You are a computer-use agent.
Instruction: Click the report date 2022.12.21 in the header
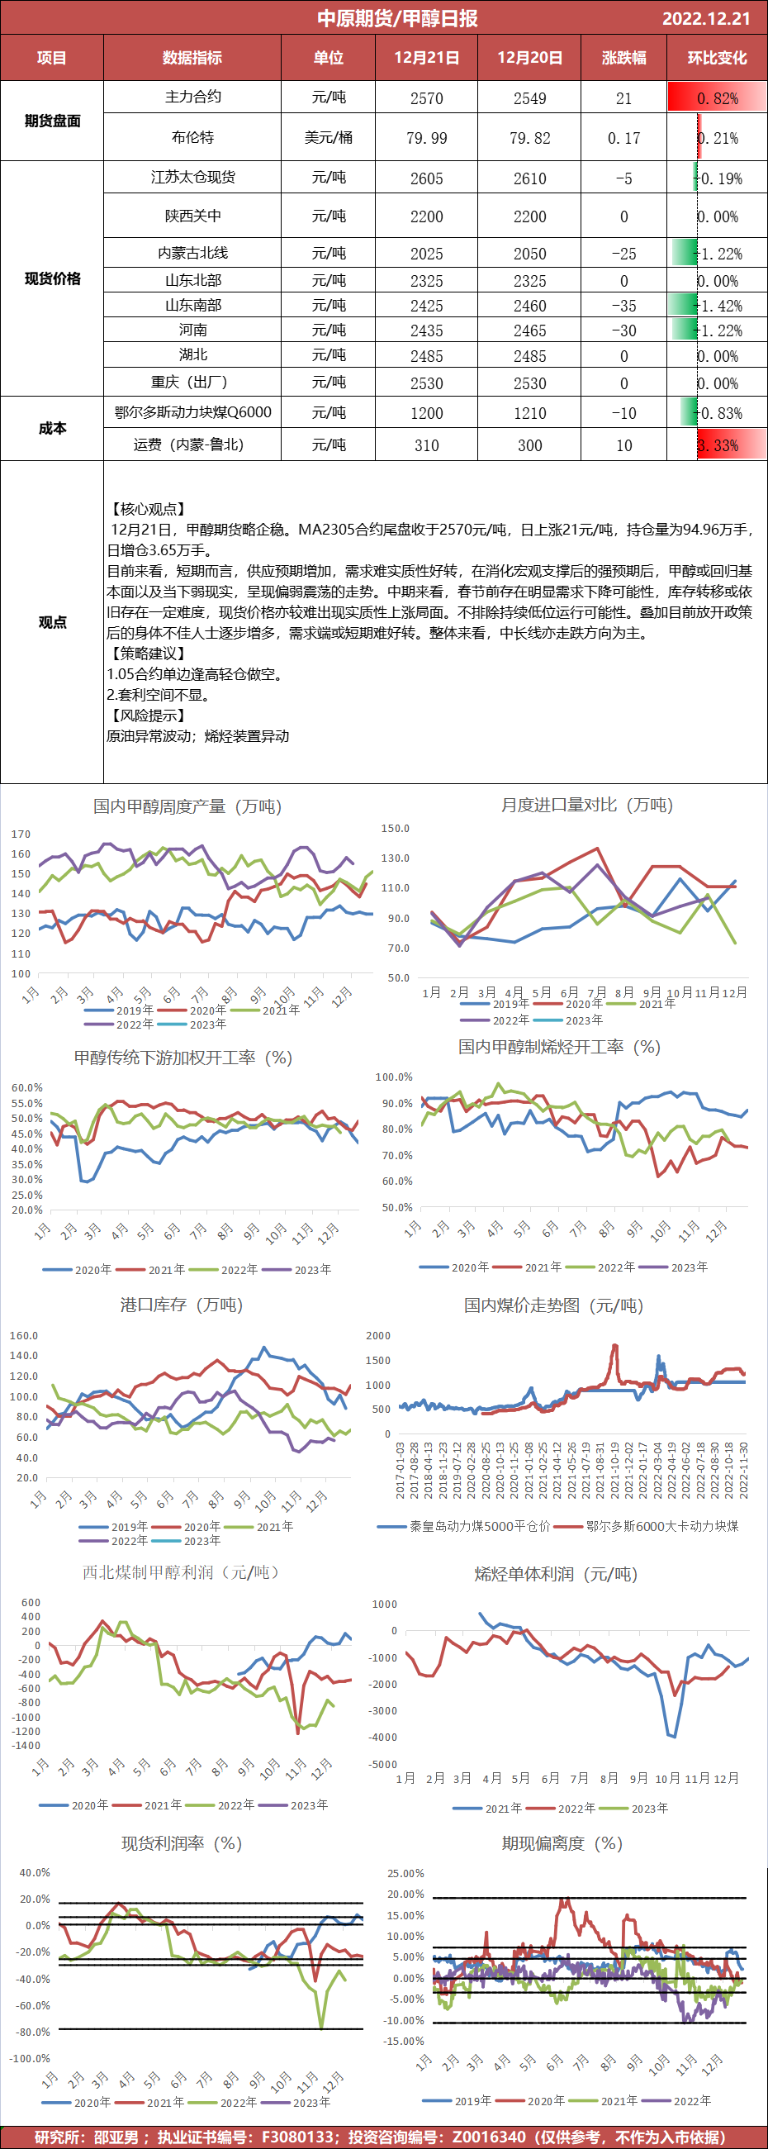point(705,18)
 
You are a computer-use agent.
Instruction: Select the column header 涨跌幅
point(623,58)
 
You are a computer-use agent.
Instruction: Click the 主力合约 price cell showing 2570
point(426,98)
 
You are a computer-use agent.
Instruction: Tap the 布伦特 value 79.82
point(529,138)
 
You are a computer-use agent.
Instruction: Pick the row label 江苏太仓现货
point(192,177)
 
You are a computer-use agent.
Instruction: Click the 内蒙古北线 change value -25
point(623,254)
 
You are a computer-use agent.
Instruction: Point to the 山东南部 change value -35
point(623,307)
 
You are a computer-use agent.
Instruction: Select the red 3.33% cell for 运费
point(718,445)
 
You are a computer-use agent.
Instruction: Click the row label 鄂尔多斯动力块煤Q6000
point(192,412)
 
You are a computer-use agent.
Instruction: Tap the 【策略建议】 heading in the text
point(147,654)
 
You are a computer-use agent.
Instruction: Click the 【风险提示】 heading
point(147,715)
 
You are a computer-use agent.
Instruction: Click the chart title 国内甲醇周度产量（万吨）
point(187,806)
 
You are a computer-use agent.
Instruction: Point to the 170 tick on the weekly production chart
point(21,834)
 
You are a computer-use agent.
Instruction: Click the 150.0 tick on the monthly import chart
point(396,829)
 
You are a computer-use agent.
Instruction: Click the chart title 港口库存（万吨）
point(182,1305)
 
